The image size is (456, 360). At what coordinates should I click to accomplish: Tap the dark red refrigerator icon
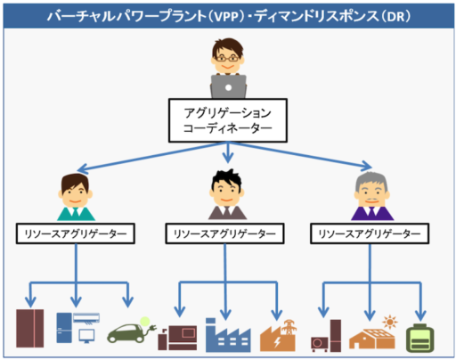click(x=33, y=327)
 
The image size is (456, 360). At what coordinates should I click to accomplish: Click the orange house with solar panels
click(x=372, y=335)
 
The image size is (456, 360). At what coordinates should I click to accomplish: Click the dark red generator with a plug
click(x=177, y=332)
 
